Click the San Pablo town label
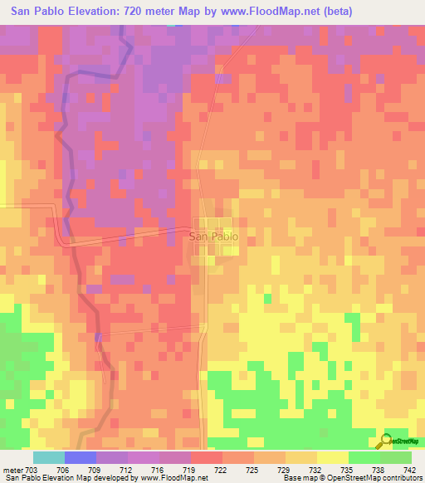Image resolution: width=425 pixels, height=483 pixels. tap(214, 237)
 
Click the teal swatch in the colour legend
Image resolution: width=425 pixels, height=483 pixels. tap(49, 457)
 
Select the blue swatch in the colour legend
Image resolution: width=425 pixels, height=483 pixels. tap(81, 457)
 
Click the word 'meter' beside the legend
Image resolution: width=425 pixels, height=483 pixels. tap(12, 469)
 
